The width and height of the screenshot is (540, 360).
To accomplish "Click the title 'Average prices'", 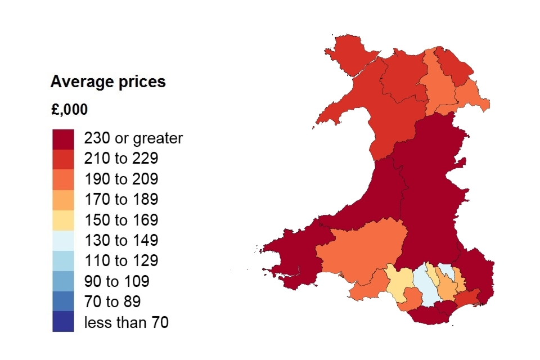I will (x=108, y=82).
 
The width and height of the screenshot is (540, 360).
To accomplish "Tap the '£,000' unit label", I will (x=69, y=110).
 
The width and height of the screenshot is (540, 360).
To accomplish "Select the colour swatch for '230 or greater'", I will (x=63, y=138).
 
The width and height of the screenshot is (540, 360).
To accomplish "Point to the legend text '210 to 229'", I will (x=121, y=159).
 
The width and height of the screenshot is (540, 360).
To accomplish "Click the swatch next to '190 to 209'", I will (x=63, y=179).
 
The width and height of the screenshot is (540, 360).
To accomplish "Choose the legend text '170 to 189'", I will (x=121, y=200).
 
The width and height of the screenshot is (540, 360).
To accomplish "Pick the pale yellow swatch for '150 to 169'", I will (x=63, y=220).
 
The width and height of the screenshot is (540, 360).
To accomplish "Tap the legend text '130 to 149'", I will (x=121, y=241).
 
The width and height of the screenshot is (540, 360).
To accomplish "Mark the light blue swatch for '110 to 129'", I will (x=63, y=261).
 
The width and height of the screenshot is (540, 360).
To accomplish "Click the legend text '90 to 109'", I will (x=116, y=281).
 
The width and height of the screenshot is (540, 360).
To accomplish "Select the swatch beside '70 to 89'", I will (x=63, y=301).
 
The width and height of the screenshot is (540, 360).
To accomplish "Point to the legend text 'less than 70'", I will (x=126, y=322).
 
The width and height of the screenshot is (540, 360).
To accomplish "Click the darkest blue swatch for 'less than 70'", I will (x=63, y=322).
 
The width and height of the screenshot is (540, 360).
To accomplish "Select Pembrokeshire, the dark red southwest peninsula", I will (x=292, y=256).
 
